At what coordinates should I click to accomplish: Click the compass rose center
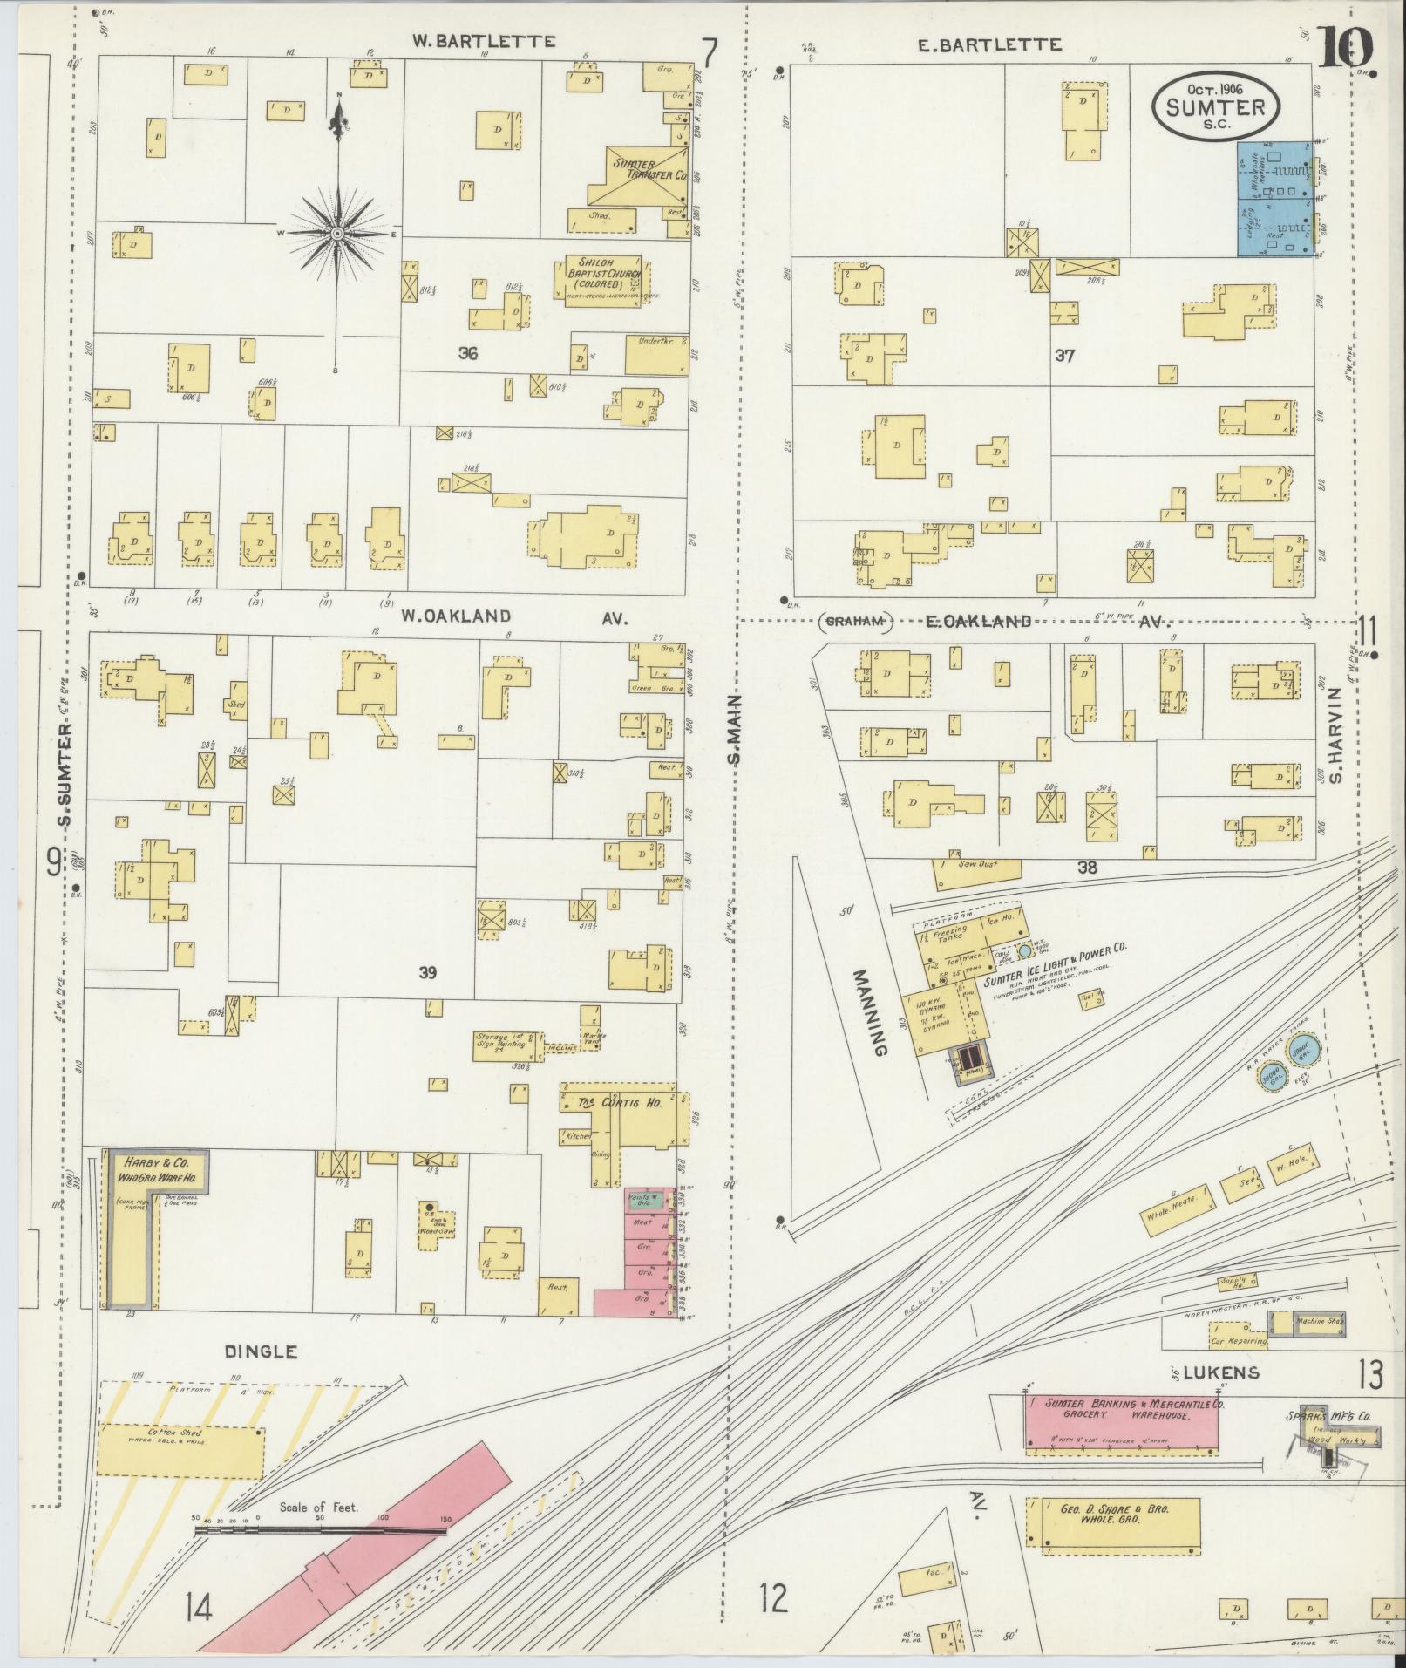click(x=336, y=234)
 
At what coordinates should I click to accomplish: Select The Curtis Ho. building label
click(x=621, y=1103)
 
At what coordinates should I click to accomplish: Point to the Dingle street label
click(x=261, y=1352)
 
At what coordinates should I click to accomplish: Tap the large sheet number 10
click(x=1343, y=48)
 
